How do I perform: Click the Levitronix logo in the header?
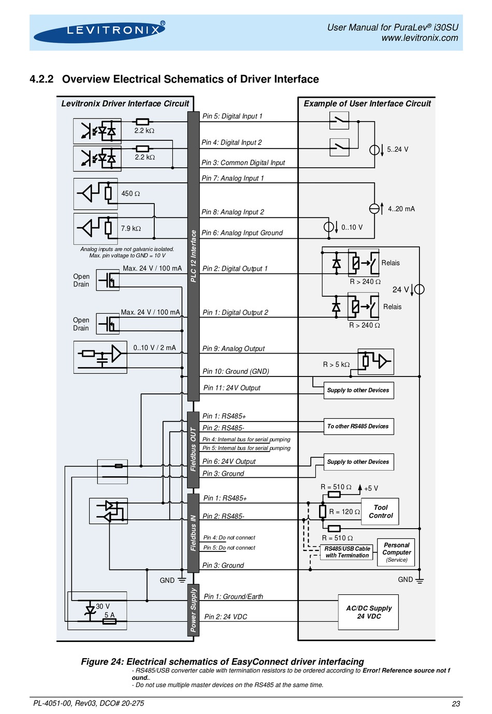(x=99, y=32)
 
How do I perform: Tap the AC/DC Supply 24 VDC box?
(x=368, y=612)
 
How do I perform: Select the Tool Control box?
(x=380, y=511)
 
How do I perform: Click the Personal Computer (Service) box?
(x=396, y=552)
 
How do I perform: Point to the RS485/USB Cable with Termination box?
(x=346, y=552)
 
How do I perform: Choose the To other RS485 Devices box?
(x=358, y=427)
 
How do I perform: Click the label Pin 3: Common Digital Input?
(x=243, y=163)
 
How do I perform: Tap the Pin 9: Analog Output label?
(x=234, y=348)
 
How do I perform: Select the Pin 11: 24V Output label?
(x=232, y=388)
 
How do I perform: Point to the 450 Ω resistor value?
(x=131, y=194)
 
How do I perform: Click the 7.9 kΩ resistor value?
(x=131, y=228)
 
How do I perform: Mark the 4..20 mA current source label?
(x=401, y=209)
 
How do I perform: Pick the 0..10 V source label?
(x=352, y=227)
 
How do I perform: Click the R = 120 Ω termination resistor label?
(x=344, y=512)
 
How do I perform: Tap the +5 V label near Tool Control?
(x=371, y=488)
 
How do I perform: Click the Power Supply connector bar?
(x=193, y=610)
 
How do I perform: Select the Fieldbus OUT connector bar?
(x=193, y=449)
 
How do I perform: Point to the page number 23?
(x=456, y=704)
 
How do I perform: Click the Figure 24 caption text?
(x=222, y=662)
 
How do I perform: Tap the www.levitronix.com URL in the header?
(x=419, y=38)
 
